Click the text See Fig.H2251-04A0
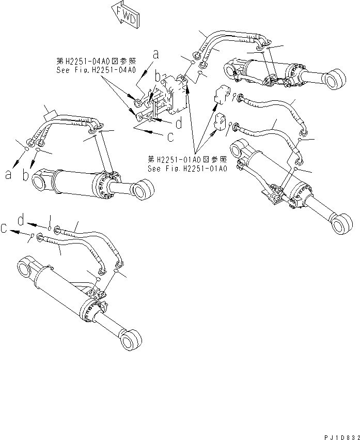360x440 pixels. click(96, 69)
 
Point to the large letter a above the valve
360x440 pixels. click(155, 53)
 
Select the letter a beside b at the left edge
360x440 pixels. click(8, 175)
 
